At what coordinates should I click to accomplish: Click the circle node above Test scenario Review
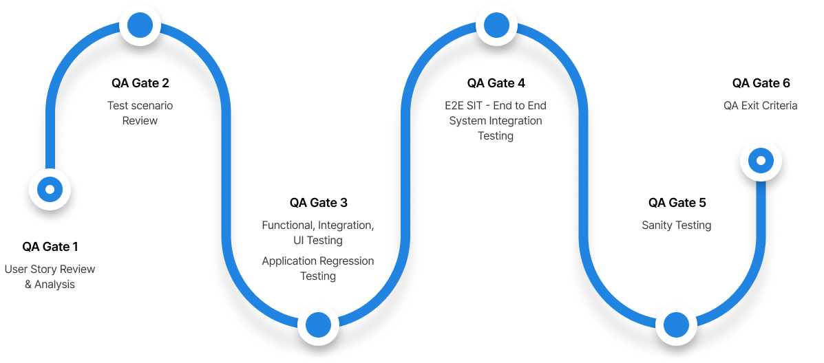coord(140,25)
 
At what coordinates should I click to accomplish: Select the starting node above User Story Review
coord(50,188)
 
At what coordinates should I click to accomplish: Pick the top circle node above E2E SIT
coord(496,25)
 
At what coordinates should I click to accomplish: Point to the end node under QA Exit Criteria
coord(761,161)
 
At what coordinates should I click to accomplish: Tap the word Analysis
coord(56,284)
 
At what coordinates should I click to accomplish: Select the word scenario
coord(151,106)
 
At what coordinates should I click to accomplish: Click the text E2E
coord(455,106)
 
